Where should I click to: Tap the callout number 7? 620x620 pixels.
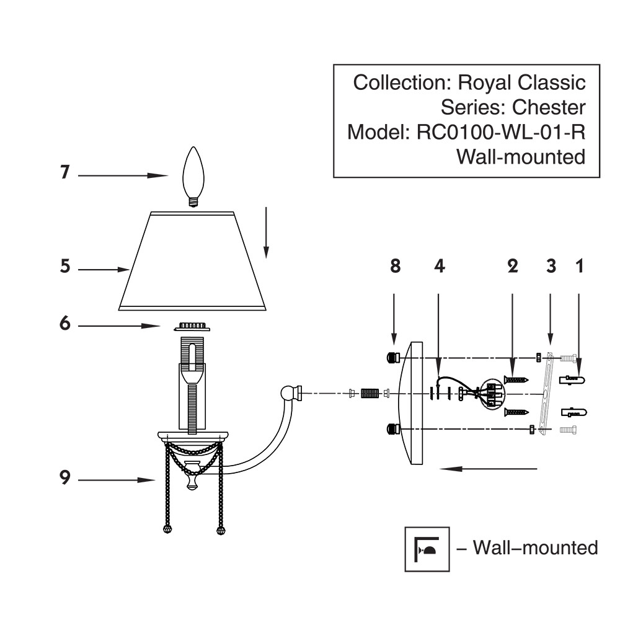click(64, 172)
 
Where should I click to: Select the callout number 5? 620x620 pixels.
click(64, 267)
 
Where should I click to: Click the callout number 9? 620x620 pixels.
click(64, 478)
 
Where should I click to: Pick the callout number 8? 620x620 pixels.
click(394, 266)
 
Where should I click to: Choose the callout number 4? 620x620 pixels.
click(438, 266)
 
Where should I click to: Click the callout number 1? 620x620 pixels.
click(579, 266)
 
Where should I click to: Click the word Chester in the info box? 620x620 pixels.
click(548, 107)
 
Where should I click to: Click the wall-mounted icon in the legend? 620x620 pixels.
click(427, 549)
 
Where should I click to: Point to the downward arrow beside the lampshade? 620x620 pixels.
click(266, 232)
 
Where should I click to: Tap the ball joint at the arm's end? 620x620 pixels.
click(288, 392)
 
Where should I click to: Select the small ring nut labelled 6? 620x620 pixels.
click(193, 325)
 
